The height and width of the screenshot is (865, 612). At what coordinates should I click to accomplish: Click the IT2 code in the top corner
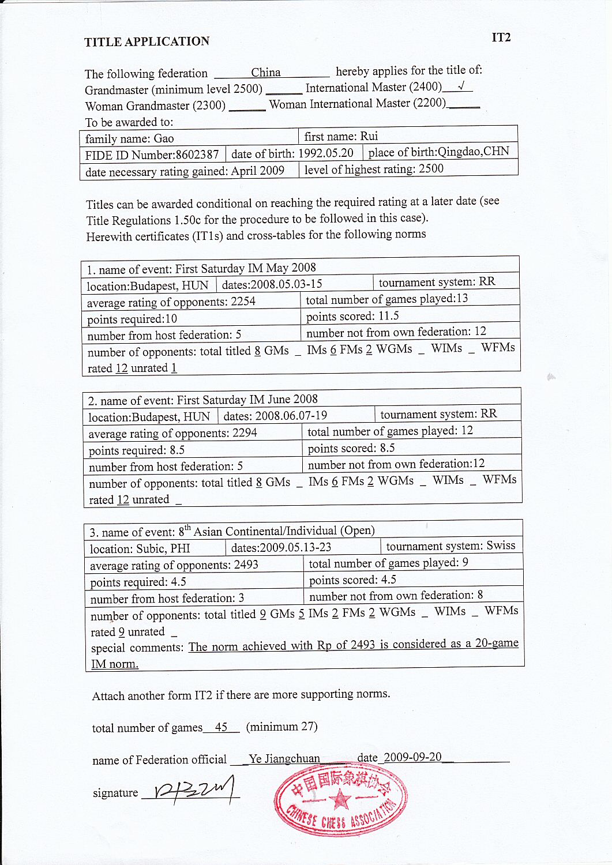(501, 37)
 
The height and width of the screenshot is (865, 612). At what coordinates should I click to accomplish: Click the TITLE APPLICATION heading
(147, 42)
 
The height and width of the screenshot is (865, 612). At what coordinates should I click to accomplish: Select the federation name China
(265, 73)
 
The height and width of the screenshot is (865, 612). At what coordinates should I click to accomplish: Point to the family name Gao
(164, 138)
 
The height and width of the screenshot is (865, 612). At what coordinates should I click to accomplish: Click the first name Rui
(369, 136)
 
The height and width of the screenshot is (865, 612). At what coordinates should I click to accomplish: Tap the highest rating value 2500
(431, 168)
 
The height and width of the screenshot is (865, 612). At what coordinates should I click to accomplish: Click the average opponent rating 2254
(243, 302)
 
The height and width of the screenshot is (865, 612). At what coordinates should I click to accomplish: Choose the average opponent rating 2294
(245, 433)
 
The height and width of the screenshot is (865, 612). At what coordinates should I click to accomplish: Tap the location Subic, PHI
(163, 548)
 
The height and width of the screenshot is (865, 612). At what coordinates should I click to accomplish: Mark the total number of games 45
(221, 727)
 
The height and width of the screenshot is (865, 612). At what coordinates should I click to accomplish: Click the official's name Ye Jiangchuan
(284, 759)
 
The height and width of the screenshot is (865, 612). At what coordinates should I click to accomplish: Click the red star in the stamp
(341, 800)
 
